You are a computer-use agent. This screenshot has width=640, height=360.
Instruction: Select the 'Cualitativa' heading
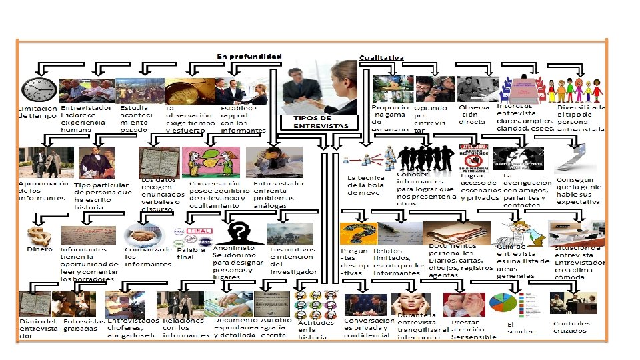pos(381,57)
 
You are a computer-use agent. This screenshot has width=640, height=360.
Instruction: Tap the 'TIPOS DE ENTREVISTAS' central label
pos(321,122)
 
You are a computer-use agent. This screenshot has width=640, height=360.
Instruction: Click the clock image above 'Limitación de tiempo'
pos(39,89)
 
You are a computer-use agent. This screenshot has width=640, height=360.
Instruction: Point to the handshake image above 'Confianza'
pos(139,234)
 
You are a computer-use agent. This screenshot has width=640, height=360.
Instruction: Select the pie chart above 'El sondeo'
pos(504,303)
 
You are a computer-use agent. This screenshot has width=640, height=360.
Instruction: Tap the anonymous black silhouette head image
pos(238,233)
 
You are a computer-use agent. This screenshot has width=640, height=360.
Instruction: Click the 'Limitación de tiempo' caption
pos(37,112)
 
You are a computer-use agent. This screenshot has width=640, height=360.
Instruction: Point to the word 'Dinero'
pos(39,249)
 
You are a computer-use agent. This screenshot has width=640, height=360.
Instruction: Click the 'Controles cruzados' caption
pos(571,327)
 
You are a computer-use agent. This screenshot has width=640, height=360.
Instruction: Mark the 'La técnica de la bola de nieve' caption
pos(366,185)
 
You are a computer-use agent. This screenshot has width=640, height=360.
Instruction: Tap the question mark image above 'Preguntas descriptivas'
pos(356,233)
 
